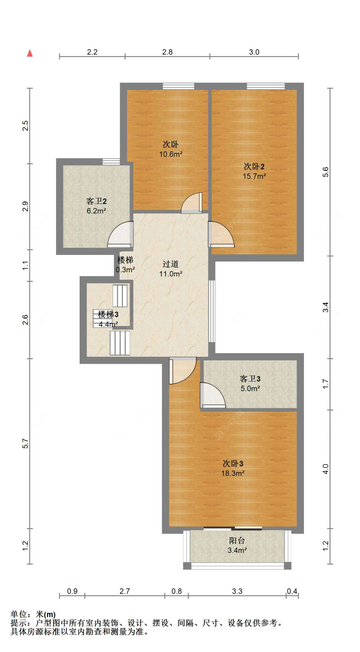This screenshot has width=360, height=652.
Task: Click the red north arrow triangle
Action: click(30, 53)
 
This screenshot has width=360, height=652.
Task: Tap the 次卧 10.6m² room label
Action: click(171, 149)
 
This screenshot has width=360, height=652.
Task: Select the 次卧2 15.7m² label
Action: click(254, 171)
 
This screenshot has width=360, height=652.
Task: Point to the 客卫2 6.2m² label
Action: click(96, 206)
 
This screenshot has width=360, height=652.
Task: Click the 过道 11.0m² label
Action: click(171, 269)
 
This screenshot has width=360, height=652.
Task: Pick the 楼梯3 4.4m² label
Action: click(108, 319)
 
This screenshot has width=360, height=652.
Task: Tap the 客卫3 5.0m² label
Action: click(250, 383)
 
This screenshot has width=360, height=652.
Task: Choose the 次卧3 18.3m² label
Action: click(233, 468)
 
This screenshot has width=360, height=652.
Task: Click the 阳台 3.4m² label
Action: click(237, 545)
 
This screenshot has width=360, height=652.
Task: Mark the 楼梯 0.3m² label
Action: click(125, 265)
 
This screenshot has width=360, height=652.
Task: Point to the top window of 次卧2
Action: click(266, 86)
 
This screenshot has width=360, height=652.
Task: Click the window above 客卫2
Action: click(111, 161)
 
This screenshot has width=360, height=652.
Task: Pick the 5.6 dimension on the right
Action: click(325, 172)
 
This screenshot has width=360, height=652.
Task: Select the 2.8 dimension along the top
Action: click(167, 52)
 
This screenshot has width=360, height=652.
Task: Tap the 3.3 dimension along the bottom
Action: click(237, 591)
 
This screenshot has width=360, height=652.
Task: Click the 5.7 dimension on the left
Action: click(25, 444)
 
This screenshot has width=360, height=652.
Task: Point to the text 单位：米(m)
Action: click(33, 614)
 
